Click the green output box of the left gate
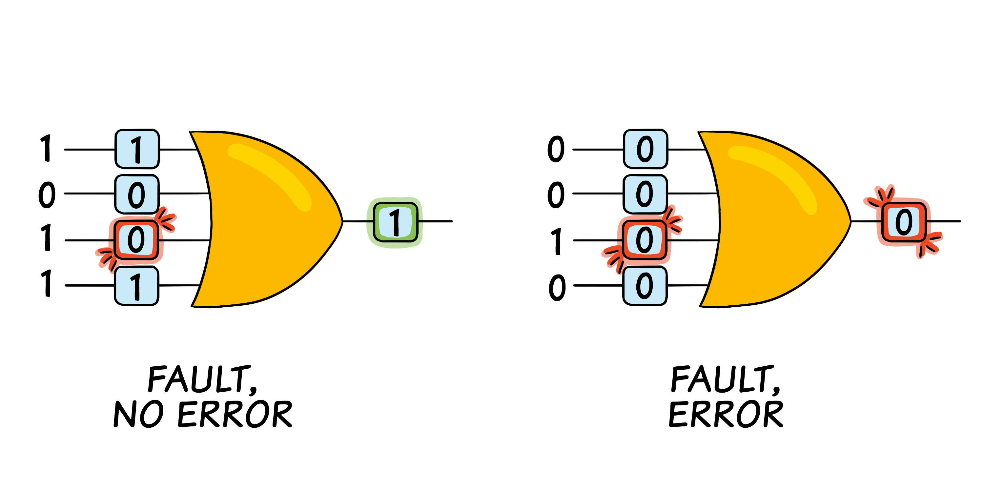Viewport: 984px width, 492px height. (395, 222)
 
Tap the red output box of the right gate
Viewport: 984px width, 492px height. (904, 222)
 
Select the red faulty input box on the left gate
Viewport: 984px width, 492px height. (136, 240)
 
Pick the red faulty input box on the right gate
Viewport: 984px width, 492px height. (645, 240)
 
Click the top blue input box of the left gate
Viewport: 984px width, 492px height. (137, 149)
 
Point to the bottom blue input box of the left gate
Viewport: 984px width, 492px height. (136, 286)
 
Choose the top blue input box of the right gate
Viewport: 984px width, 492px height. (646, 149)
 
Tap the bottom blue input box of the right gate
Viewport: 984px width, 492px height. (645, 286)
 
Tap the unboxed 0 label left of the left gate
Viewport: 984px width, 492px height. (47, 195)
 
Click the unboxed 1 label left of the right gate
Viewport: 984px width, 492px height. (557, 241)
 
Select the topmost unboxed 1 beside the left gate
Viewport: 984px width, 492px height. (46, 148)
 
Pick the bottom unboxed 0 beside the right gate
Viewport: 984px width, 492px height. (557, 287)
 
